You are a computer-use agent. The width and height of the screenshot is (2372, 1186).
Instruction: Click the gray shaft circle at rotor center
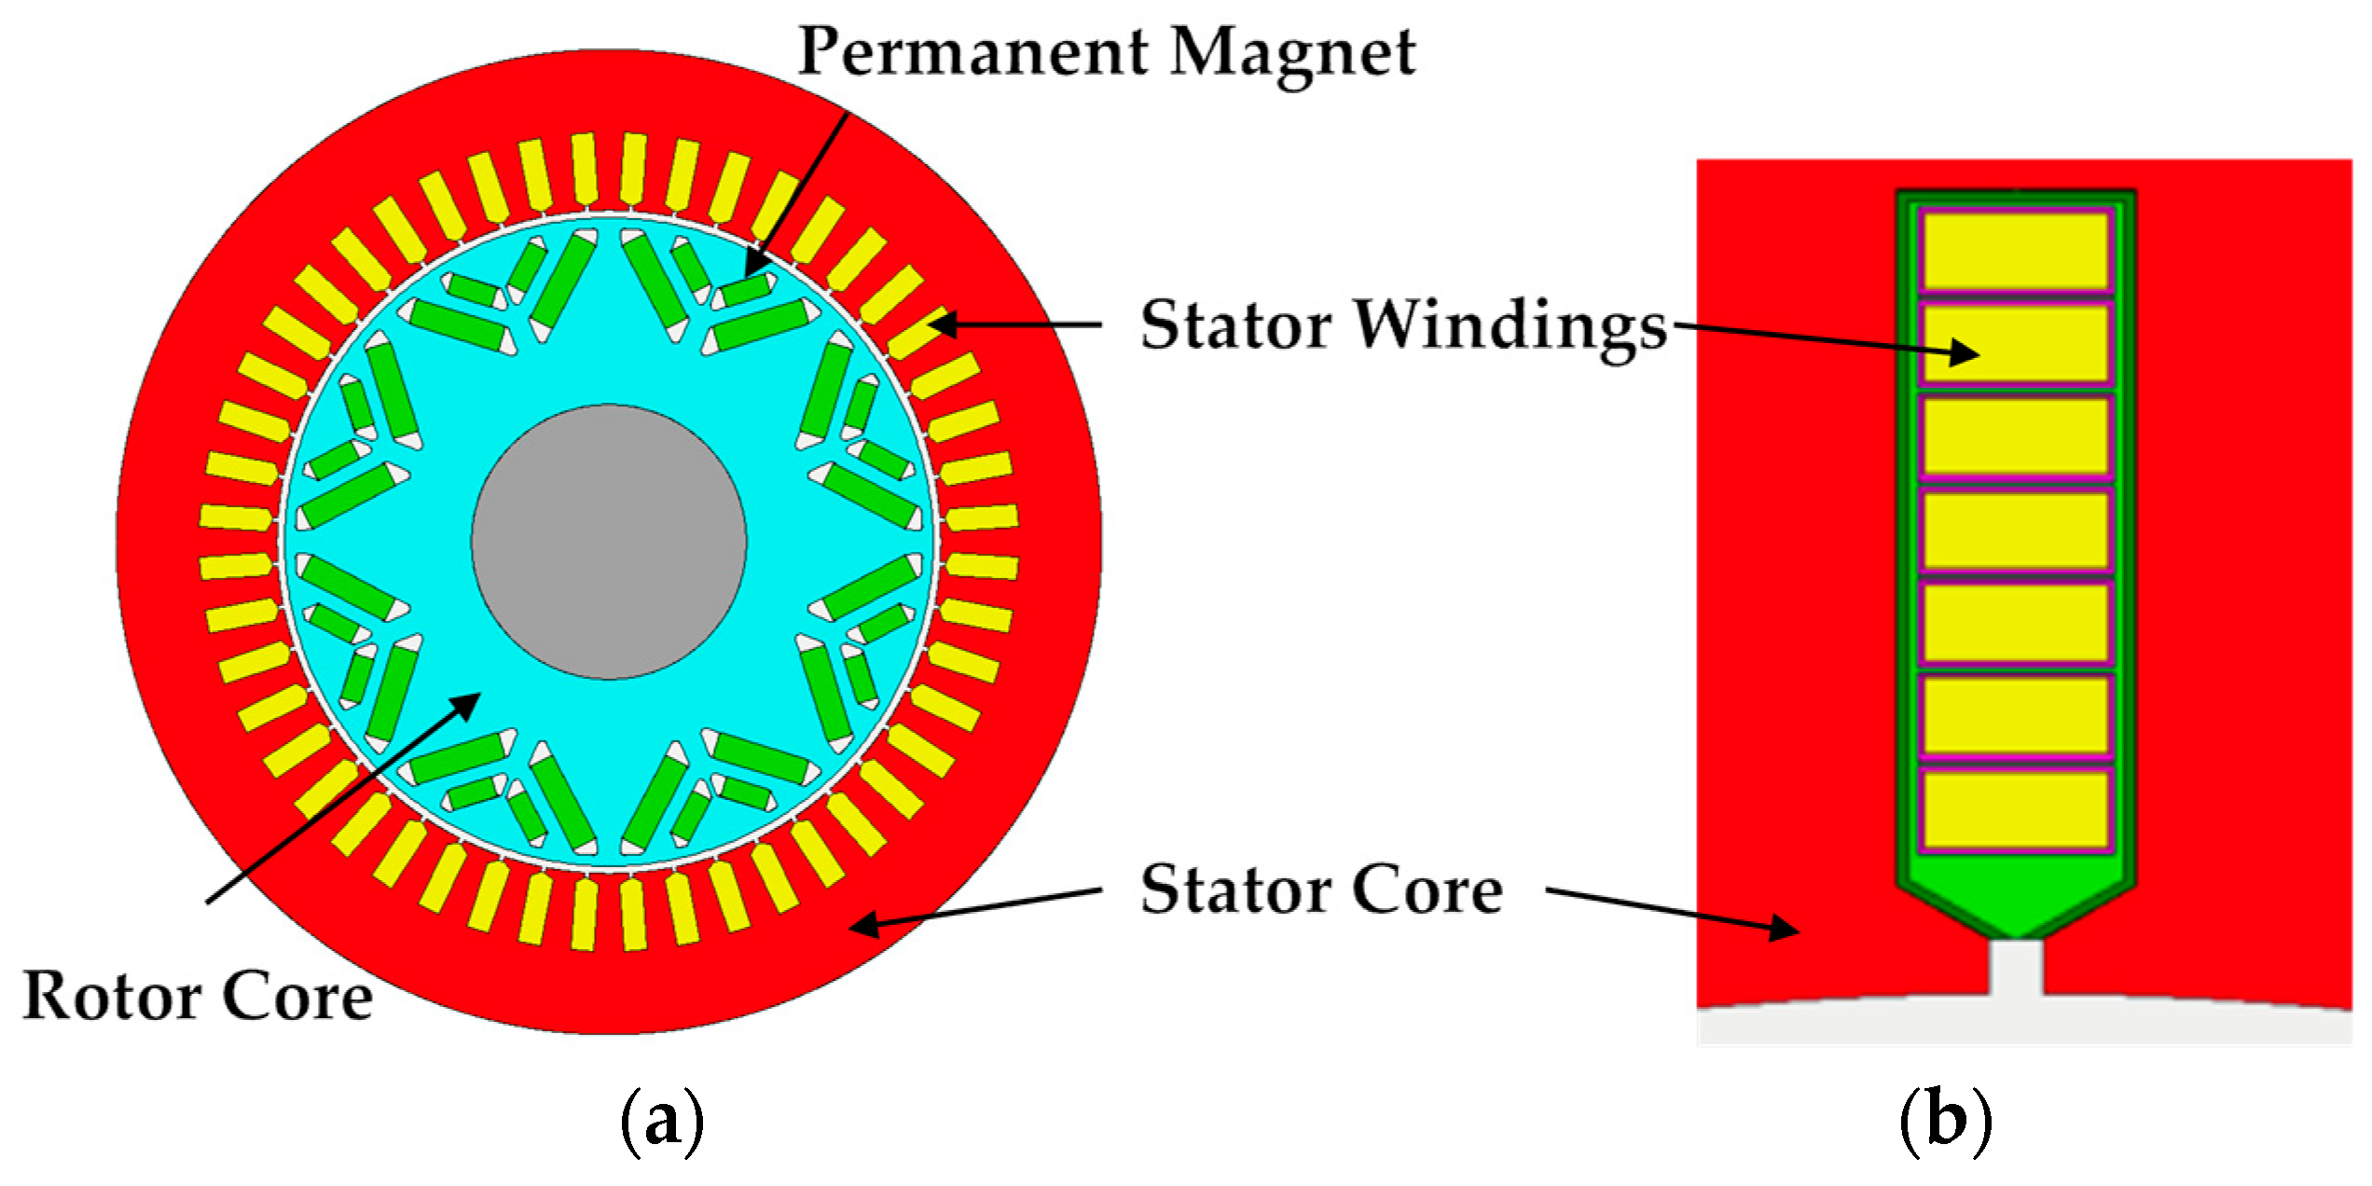coord(608,542)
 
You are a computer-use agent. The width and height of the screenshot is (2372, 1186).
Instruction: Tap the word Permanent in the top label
coord(970,53)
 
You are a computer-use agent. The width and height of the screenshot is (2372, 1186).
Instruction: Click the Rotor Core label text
coord(198,997)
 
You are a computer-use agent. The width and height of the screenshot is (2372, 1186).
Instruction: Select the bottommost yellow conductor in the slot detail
coord(2015,809)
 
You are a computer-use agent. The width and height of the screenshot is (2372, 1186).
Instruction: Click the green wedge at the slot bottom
coord(2016,900)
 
